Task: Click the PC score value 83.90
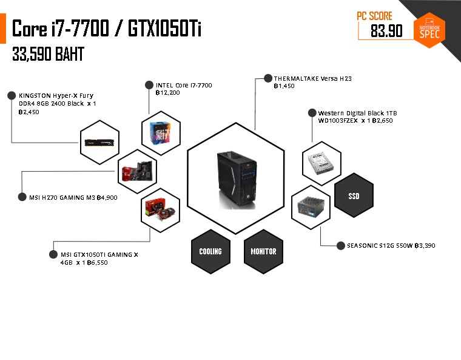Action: click(x=386, y=31)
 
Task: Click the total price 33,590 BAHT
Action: click(x=48, y=55)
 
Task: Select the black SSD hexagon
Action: click(x=354, y=197)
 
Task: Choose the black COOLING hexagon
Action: click(x=210, y=251)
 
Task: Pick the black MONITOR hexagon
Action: click(x=263, y=251)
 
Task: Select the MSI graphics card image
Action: click(x=160, y=209)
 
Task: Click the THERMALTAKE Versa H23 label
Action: click(x=312, y=79)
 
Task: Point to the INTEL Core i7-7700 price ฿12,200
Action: click(x=168, y=93)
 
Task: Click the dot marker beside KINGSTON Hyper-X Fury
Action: click(x=11, y=95)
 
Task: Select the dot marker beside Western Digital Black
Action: click(x=312, y=113)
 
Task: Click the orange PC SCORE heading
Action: click(x=375, y=16)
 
